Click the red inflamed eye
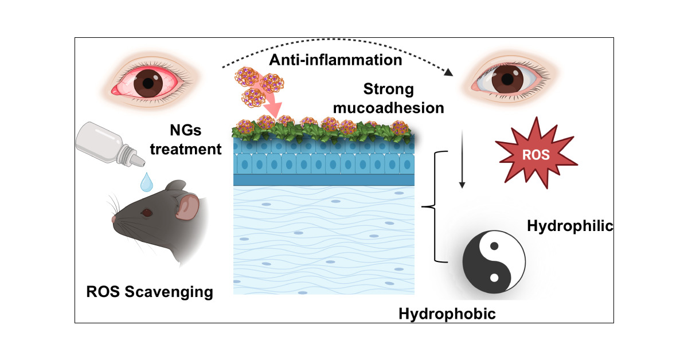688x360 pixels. click(x=148, y=83)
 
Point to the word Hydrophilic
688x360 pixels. click(x=570, y=227)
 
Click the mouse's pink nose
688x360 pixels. click(x=114, y=219)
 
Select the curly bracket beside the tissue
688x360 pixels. click(x=435, y=207)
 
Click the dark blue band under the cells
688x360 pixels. click(x=324, y=180)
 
